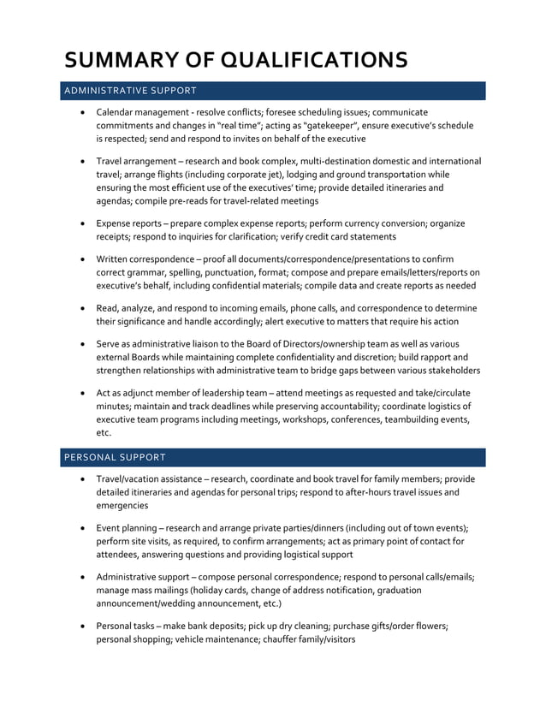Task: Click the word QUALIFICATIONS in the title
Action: (x=314, y=59)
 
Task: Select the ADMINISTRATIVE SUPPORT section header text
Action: (x=130, y=90)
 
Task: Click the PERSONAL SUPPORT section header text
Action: (x=115, y=457)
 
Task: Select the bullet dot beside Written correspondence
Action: (x=81, y=259)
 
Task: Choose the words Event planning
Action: (x=126, y=528)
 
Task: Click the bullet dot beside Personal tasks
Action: (x=81, y=627)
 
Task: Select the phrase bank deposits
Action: (x=211, y=626)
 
